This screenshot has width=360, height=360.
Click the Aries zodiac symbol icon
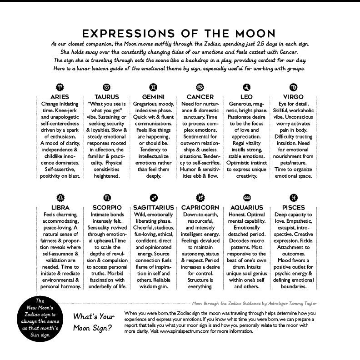60,87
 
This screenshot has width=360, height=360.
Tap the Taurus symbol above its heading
107,87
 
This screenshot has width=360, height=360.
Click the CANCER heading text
200,97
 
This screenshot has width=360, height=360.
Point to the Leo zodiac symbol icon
247,87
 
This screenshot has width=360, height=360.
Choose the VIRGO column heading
294,97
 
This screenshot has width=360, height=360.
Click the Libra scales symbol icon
60,198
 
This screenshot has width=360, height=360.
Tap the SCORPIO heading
107,208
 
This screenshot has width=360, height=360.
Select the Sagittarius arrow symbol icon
153,198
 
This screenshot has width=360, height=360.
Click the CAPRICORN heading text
200,208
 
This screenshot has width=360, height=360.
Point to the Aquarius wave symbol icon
247,198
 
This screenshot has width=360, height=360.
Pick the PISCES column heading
294,208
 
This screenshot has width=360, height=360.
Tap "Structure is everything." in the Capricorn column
200,284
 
